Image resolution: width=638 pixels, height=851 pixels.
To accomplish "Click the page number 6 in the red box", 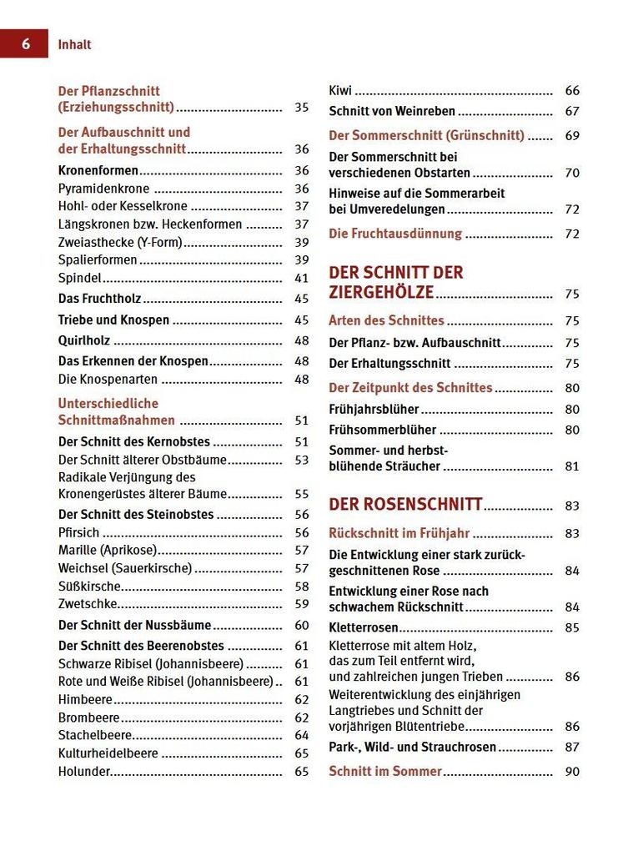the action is [x=25, y=44].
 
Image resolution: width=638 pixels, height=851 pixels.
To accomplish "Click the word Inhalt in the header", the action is [x=75, y=45].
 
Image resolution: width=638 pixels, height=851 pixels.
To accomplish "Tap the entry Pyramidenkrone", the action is [x=103, y=189].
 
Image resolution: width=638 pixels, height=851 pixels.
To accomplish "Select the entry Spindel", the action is [x=79, y=279].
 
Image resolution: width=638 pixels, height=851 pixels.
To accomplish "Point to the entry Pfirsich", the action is [x=78, y=532].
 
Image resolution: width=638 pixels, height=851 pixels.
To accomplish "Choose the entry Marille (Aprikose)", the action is [x=108, y=551].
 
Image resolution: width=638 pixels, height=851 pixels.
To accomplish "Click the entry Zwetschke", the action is [x=88, y=604].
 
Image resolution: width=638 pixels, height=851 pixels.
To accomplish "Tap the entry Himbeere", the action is [x=85, y=700].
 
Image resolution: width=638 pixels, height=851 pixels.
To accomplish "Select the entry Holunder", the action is [x=84, y=772].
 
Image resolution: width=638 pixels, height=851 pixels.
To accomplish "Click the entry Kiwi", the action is [x=340, y=91].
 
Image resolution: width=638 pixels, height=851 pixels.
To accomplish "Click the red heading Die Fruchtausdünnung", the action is [x=395, y=234].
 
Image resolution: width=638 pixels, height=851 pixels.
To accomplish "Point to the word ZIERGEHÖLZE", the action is [x=381, y=292].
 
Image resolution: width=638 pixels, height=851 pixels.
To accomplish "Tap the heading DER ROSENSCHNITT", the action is [x=405, y=504].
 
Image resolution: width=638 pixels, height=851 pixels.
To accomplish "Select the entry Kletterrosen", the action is [x=364, y=627].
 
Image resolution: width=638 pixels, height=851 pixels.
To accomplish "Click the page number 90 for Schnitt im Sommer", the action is [x=572, y=772].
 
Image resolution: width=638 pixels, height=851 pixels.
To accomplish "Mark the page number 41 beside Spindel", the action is [x=302, y=279].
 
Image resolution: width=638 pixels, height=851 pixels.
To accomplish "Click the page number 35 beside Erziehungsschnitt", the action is [x=302, y=108].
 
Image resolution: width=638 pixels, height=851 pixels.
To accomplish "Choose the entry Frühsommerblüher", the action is [x=383, y=431].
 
